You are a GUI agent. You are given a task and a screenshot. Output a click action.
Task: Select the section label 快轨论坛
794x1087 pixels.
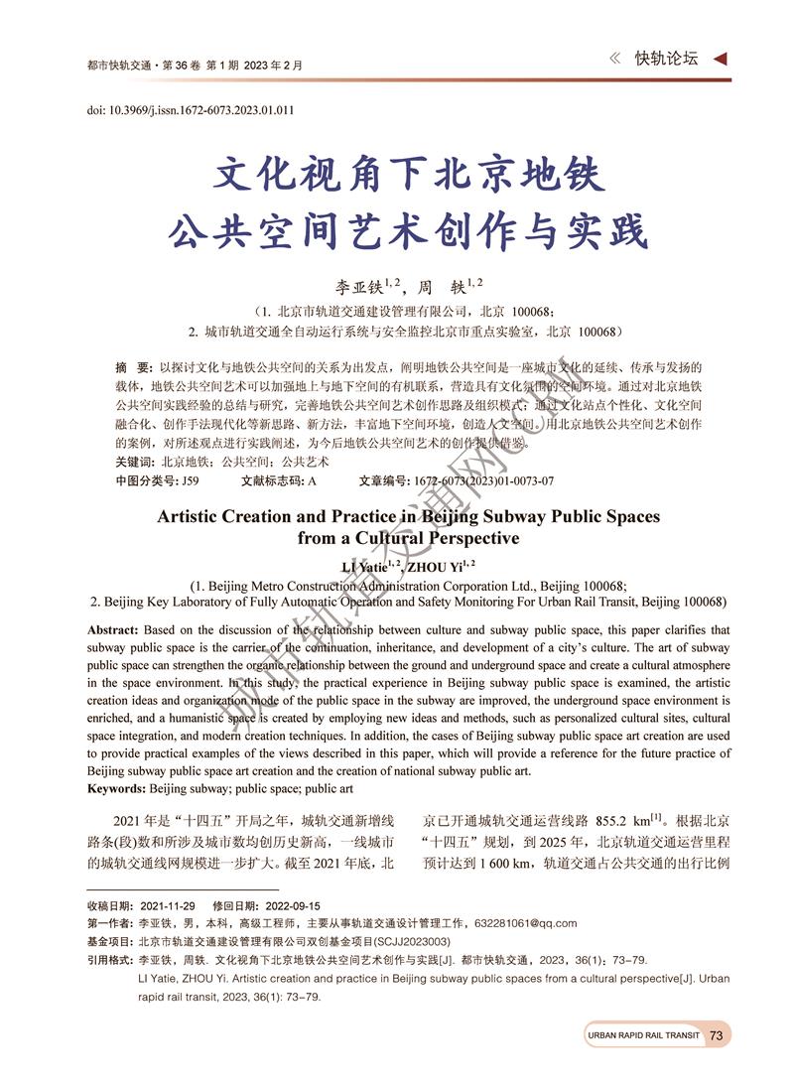(666, 59)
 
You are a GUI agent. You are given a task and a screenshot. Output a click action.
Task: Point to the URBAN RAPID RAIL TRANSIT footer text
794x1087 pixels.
(643, 1035)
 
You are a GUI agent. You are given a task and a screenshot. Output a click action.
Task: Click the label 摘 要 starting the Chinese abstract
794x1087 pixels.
(133, 367)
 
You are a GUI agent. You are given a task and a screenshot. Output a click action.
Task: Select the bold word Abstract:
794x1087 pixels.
(113, 630)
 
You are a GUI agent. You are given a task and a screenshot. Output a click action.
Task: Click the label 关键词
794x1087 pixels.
(134, 463)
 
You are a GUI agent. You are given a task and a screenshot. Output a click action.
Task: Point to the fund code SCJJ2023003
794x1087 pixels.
(407, 941)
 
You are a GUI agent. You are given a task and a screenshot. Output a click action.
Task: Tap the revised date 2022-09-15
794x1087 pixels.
(286, 905)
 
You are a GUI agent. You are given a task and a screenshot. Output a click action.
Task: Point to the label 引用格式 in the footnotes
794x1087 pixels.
(110, 960)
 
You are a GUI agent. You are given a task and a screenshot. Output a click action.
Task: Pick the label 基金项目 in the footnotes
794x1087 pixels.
(110, 941)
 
